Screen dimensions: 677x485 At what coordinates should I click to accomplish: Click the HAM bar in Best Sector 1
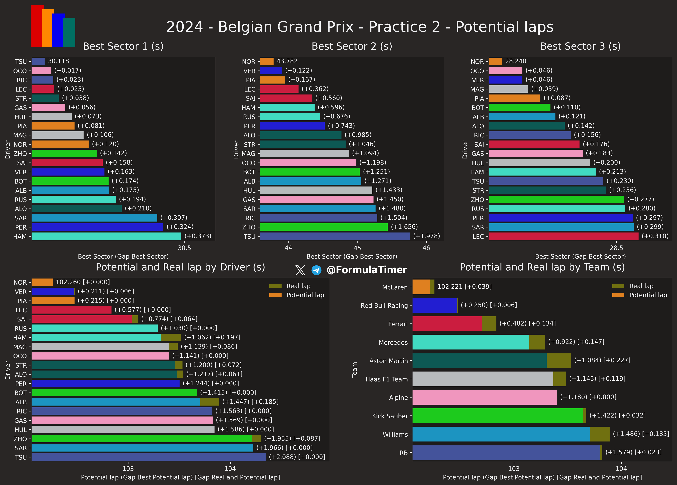106,236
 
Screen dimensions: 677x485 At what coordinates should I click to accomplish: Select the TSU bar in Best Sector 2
335,236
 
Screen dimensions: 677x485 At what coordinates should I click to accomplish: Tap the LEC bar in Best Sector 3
564,236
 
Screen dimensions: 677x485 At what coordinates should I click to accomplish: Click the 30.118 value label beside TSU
59,61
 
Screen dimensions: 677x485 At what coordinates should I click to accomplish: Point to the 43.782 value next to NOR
287,61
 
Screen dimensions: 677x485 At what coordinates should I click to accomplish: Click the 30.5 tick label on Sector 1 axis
184,248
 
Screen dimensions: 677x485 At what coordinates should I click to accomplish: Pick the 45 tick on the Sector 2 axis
357,248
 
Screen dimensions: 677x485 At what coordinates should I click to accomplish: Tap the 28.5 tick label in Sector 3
616,248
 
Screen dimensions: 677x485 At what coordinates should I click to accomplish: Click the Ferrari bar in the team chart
454,324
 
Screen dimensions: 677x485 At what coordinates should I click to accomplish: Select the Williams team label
395,434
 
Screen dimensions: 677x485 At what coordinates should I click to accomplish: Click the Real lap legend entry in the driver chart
290,286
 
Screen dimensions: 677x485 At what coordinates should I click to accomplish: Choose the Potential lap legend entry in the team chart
639,295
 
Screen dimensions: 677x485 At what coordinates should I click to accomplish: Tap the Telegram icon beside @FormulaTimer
316,270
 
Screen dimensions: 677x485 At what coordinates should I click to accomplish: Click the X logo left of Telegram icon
300,270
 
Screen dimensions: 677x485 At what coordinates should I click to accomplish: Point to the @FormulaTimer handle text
367,270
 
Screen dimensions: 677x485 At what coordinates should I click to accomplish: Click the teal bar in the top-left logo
69,32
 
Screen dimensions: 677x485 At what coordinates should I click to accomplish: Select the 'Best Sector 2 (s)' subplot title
352,46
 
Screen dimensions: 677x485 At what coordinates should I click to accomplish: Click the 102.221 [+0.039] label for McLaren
464,287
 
